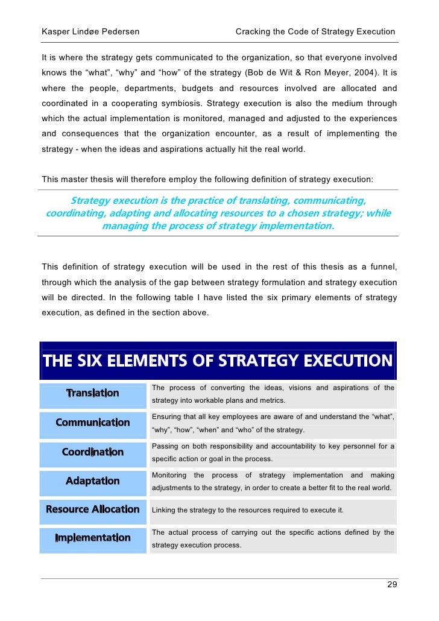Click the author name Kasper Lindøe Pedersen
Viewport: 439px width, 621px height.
click(90, 31)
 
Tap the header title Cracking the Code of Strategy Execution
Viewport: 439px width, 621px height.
click(315, 31)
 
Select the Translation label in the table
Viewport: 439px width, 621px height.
click(93, 394)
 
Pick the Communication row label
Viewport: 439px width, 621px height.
click(93, 423)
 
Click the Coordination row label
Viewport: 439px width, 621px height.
click(93, 452)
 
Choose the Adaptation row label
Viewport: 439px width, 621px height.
click(93, 481)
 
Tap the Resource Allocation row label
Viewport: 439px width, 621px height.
click(93, 509)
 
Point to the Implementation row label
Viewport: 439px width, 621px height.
click(93, 538)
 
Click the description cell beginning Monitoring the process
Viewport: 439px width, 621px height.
click(273, 481)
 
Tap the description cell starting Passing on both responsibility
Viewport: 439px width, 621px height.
click(273, 452)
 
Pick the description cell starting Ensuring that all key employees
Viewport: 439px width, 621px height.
click(273, 423)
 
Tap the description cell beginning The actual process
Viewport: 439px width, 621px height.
click(273, 538)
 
